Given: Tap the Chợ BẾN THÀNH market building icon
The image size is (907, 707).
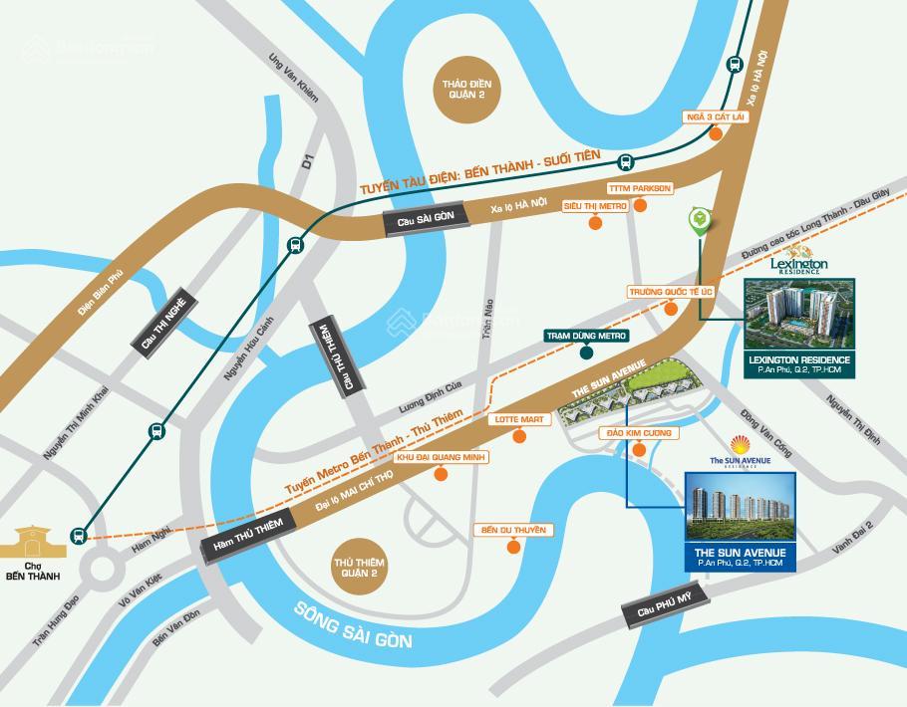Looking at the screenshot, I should tap(34, 543).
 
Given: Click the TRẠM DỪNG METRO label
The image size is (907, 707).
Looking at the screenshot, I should tap(580, 336).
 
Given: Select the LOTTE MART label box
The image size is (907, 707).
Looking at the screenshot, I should tap(518, 420).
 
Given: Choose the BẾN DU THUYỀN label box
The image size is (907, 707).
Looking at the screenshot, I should tap(512, 530).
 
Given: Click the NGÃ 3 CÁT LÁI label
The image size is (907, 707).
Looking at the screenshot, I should tap(715, 117).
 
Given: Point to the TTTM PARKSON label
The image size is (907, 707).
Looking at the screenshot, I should tap(640, 188).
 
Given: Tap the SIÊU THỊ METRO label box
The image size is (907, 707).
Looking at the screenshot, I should tap(595, 205).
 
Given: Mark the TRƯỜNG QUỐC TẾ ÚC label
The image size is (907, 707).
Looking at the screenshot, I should tap(671, 292).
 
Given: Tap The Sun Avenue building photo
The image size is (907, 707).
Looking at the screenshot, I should tap(740, 509).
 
